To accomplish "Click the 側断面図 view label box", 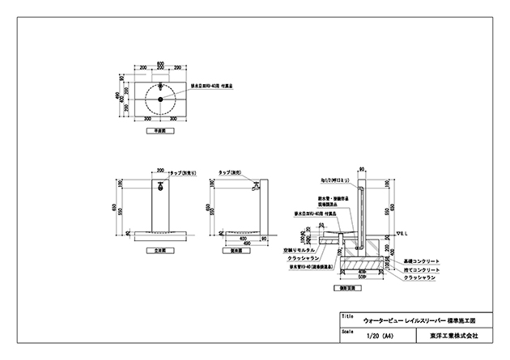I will pyautogui.click(x=350, y=287).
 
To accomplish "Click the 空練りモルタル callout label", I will pyautogui.click(x=300, y=252).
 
